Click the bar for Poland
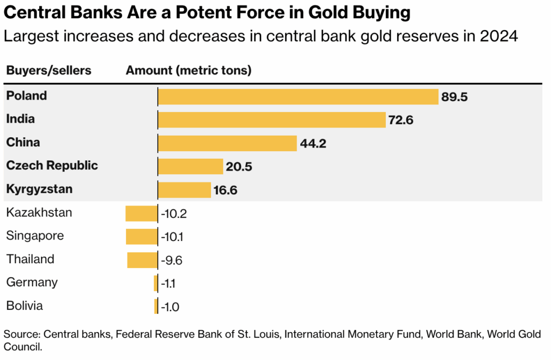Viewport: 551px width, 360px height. click(x=298, y=97)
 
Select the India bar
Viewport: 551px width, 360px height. click(x=272, y=119)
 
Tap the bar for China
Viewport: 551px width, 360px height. click(x=227, y=143)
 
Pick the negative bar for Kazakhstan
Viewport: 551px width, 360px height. click(x=141, y=213)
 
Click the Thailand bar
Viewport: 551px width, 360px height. click(x=142, y=260)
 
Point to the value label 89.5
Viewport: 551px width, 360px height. click(x=455, y=97)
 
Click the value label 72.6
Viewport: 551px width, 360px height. click(x=401, y=120)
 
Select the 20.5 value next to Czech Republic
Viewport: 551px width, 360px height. click(x=239, y=167)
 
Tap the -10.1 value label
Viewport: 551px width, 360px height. click(x=173, y=237)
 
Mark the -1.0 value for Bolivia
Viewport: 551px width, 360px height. click(x=170, y=307)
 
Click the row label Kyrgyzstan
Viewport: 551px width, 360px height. click(x=39, y=189)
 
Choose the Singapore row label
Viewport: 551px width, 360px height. click(x=35, y=236)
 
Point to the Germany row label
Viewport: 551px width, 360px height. click(x=32, y=282)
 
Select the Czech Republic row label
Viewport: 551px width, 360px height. click(x=52, y=165)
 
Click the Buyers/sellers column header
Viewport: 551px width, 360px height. click(x=49, y=70)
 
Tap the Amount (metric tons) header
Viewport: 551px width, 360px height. click(x=188, y=70)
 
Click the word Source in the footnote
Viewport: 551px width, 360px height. click(x=20, y=334)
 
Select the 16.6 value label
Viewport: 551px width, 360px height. click(x=225, y=190)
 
